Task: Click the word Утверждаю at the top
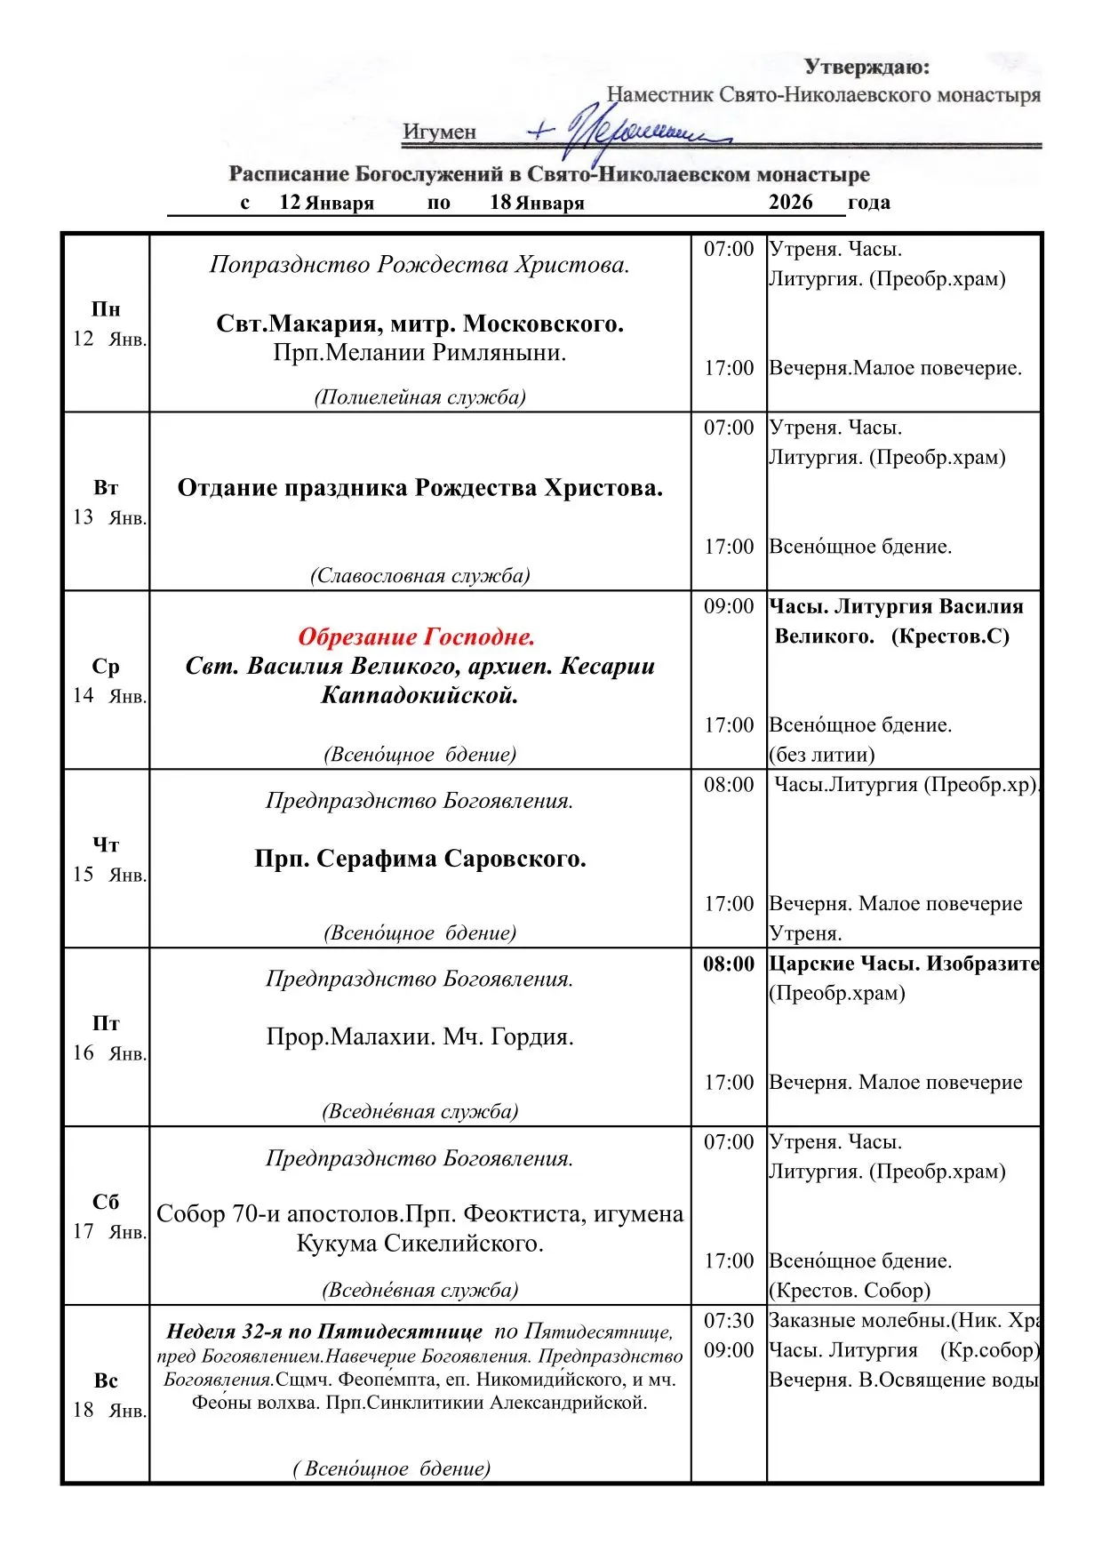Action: point(866,67)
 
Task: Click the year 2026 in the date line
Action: point(790,203)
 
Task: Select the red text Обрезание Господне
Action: point(416,636)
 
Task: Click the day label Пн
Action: point(106,309)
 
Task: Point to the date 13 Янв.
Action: point(109,517)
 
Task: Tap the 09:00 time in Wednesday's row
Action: point(729,606)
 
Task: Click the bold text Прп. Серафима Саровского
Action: point(419,859)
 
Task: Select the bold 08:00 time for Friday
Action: point(729,964)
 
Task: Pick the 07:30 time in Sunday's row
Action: point(729,1321)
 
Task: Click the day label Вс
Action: point(106,1380)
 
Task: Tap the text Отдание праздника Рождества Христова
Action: point(419,488)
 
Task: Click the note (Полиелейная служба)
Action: point(419,397)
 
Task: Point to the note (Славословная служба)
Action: point(419,576)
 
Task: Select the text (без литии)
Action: point(822,755)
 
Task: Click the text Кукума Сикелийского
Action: point(419,1244)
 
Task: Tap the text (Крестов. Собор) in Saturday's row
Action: point(850,1291)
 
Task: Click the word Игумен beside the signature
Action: point(439,132)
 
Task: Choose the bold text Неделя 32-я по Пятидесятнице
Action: point(324,1332)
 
